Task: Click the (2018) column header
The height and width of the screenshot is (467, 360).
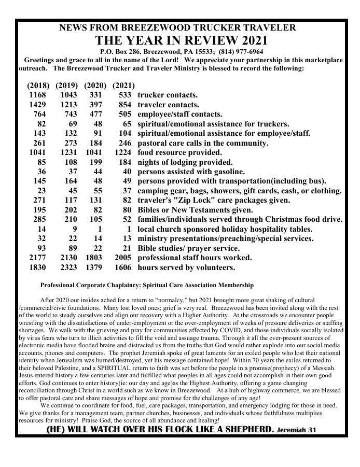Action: click(38, 85)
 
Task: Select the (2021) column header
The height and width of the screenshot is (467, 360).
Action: click(123, 85)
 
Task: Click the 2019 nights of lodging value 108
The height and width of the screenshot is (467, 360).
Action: click(68, 162)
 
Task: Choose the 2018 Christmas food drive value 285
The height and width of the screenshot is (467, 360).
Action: click(39, 220)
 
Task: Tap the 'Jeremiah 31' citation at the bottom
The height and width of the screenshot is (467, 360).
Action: click(296, 430)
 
